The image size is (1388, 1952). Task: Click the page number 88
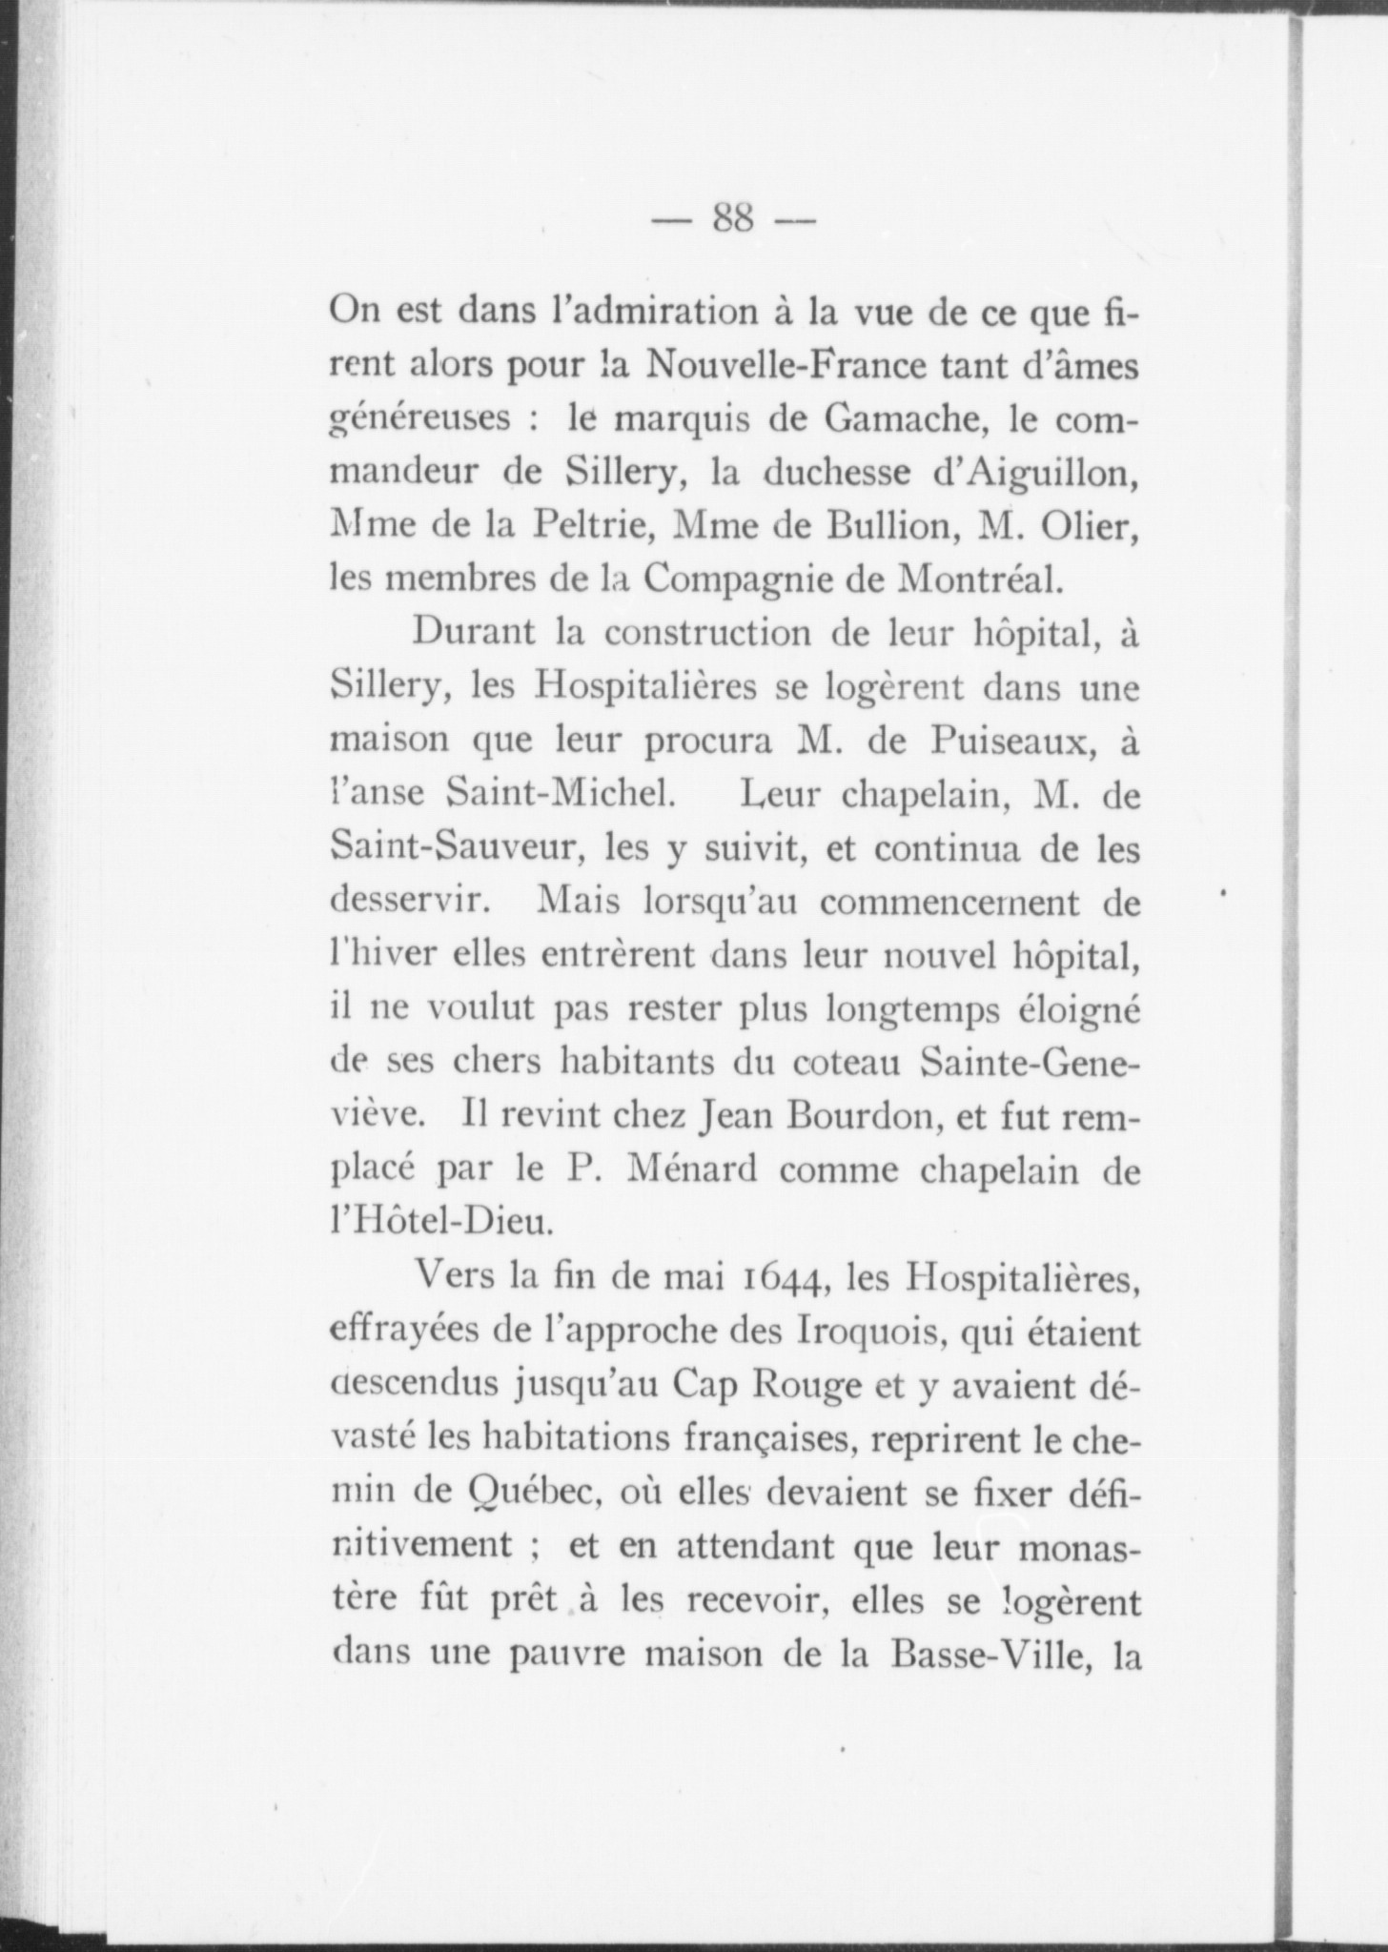pos(732,221)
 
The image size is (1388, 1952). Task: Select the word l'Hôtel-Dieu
pos(440,1221)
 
